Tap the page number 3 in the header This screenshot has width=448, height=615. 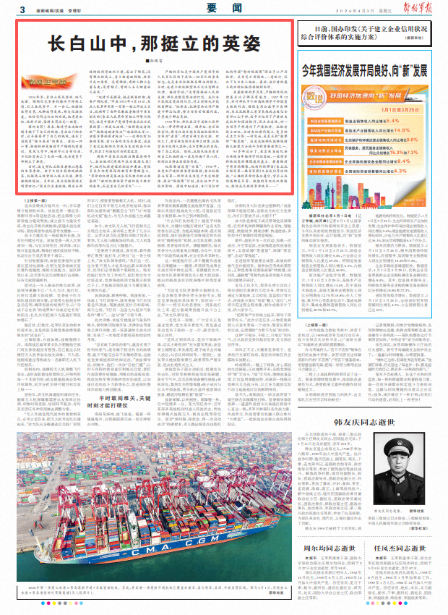[x=22, y=9]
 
